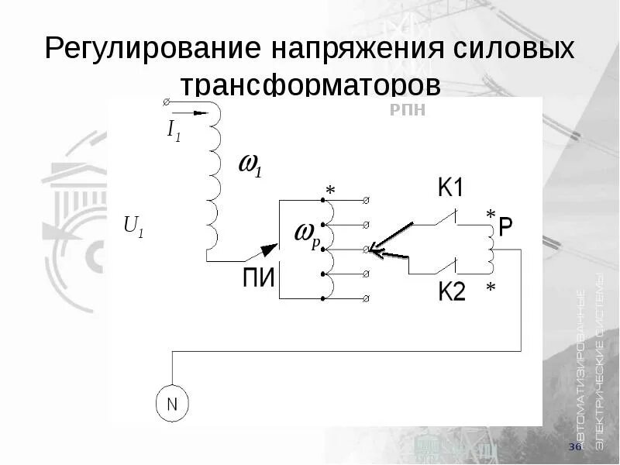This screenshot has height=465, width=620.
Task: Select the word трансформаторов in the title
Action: [310, 84]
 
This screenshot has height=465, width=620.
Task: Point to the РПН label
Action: [407, 110]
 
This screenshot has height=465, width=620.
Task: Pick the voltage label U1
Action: [134, 227]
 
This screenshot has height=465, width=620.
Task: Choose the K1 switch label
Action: [451, 188]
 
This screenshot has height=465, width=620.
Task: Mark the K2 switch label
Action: [451, 292]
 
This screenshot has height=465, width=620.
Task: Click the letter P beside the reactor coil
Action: [505, 226]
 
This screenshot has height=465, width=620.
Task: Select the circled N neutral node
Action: [172, 404]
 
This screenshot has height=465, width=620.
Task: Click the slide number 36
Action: [575, 448]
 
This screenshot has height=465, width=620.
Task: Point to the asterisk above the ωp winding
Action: [330, 190]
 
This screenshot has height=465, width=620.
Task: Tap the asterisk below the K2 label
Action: [490, 288]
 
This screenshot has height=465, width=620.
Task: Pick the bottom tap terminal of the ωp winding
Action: [367, 299]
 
